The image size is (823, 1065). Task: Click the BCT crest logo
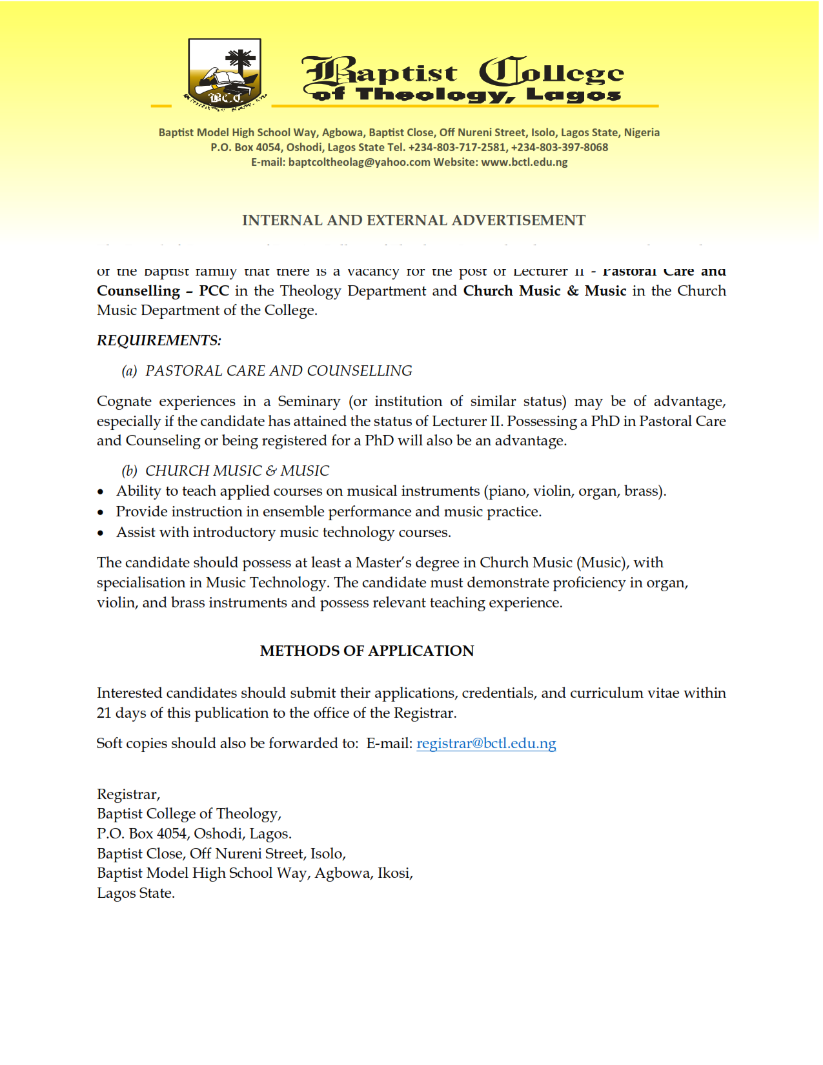[225, 72]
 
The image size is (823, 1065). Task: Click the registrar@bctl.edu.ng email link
[486, 744]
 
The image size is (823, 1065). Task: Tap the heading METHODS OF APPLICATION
[367, 651]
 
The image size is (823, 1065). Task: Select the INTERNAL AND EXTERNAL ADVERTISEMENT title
[414, 221]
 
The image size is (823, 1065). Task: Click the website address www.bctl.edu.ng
[524, 162]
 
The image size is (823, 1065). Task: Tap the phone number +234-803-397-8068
[560, 147]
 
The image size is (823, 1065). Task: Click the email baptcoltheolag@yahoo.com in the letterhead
[359, 162]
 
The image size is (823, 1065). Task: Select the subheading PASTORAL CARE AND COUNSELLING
[278, 371]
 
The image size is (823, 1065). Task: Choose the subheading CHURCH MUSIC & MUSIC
[237, 471]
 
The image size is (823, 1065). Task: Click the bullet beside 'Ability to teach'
[101, 492]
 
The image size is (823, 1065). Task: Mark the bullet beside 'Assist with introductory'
[101, 533]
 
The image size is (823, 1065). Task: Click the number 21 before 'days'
[104, 713]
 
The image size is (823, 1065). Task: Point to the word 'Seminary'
[309, 401]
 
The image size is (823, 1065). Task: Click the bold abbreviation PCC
[214, 291]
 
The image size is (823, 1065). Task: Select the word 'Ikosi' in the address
[394, 873]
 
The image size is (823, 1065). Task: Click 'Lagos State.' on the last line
[136, 893]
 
